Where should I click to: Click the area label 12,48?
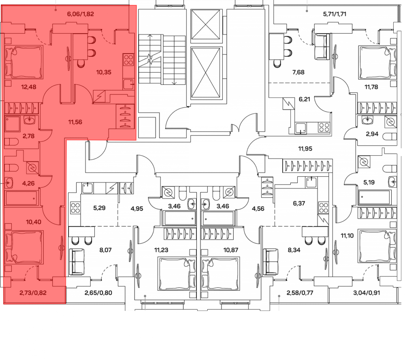(x=28, y=87)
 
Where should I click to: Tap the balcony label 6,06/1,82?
(x=80, y=14)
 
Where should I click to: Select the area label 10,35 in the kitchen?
(x=104, y=72)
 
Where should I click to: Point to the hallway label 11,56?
(x=75, y=122)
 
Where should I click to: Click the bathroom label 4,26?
(x=28, y=183)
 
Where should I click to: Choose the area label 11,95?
(x=305, y=149)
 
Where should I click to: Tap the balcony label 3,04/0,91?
(x=367, y=293)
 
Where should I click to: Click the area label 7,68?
(x=298, y=72)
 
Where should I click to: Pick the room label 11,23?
(x=161, y=250)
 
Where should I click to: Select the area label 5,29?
(x=99, y=208)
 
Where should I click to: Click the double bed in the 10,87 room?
(x=220, y=274)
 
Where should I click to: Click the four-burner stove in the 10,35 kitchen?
(x=128, y=60)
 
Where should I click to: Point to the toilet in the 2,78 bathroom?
(x=11, y=142)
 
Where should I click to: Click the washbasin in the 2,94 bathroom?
(x=366, y=120)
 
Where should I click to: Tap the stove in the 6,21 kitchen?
(x=324, y=128)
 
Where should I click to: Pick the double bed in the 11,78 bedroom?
(x=377, y=62)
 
